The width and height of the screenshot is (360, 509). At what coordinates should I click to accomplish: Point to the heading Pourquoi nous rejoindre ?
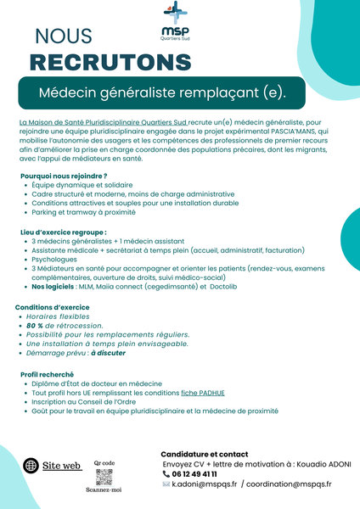pyautogui.click(x=64, y=176)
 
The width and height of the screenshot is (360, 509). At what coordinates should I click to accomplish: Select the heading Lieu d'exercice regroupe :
pyautogui.click(x=64, y=232)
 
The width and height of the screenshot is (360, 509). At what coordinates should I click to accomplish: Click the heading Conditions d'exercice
pyautogui.click(x=52, y=306)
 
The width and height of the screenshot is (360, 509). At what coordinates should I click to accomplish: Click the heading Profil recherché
pyautogui.click(x=47, y=374)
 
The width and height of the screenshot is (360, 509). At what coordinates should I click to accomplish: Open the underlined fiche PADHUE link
pyautogui.click(x=205, y=393)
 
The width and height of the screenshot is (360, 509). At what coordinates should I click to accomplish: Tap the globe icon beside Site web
pyautogui.click(x=31, y=465)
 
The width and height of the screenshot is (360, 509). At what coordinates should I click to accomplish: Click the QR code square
pyautogui.click(x=104, y=477)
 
